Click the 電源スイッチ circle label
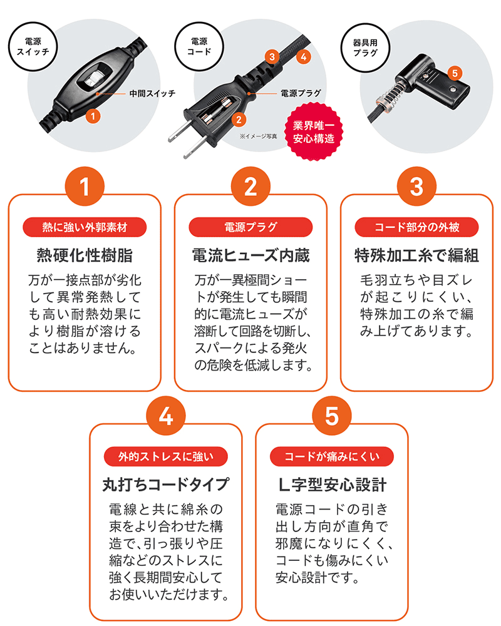click(33, 47)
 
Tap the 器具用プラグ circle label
click(365, 48)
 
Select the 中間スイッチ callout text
click(152, 93)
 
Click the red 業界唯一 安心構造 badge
click(314, 132)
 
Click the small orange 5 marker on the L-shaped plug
click(455, 73)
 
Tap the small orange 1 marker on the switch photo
click(93, 116)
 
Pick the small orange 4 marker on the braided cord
click(304, 57)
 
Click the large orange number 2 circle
click(251, 187)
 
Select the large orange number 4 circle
click(166, 416)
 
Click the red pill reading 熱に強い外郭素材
click(85, 227)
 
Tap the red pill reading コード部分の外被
click(416, 227)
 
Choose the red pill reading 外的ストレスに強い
click(166, 456)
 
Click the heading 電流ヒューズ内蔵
click(251, 255)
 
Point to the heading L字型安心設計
click(332, 485)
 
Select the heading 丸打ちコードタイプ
click(166, 485)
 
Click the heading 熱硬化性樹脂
click(85, 255)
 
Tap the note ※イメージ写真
click(258, 136)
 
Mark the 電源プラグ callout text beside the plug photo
click(301, 93)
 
